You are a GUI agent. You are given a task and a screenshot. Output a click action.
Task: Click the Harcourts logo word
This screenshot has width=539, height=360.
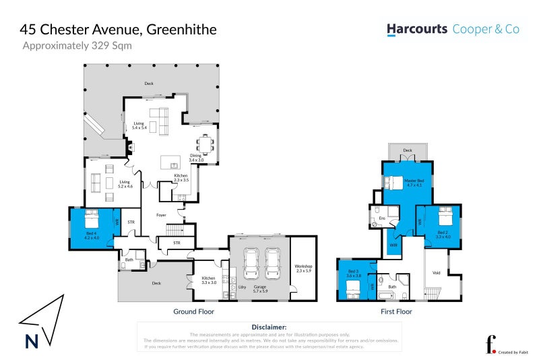coord(417,29)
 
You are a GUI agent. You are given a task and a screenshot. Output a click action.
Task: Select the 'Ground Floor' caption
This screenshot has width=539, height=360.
coord(193,312)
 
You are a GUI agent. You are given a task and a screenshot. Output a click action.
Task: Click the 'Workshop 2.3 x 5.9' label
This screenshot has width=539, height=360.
coord(304,269)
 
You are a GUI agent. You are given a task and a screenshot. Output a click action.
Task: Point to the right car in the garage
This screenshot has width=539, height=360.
coord(272,263)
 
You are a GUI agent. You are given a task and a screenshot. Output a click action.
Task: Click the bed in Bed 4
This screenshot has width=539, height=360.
coord(92,219)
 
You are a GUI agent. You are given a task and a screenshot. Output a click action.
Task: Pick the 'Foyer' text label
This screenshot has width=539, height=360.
coord(161,215)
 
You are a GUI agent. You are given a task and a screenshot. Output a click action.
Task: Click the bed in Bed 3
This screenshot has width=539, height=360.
coord(353,288)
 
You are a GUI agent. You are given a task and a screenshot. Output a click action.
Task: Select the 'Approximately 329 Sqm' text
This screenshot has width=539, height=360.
coord(77,46)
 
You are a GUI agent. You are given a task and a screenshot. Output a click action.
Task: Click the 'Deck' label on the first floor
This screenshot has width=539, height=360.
coord(408,150)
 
